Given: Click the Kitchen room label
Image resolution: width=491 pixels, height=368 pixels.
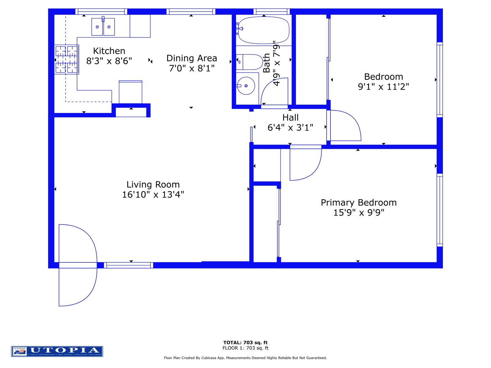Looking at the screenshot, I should click(109, 51).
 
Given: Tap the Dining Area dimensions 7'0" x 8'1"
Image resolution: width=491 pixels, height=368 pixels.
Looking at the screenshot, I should click(192, 68).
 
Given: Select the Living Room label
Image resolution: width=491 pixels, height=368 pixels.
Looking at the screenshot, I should click(153, 184).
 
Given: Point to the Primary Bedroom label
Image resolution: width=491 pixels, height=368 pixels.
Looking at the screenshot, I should click(359, 202).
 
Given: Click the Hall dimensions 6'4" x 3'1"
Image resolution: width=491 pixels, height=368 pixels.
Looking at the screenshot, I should click(290, 128).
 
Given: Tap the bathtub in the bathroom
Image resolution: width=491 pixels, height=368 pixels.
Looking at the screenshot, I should click(263, 30).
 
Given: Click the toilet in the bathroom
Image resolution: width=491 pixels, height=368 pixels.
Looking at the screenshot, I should click(250, 62).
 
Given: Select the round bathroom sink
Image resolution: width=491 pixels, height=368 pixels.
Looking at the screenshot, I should click(246, 86).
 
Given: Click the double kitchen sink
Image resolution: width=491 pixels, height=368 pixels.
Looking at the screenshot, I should click(103, 27).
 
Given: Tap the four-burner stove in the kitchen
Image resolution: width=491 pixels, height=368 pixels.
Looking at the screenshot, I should click(66, 60).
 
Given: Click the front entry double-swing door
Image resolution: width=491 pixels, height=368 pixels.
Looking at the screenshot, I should click(78, 265).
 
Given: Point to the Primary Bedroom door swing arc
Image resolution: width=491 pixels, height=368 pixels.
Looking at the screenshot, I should click(305, 164).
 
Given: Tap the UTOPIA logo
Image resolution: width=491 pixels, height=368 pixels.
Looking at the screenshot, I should click(57, 351).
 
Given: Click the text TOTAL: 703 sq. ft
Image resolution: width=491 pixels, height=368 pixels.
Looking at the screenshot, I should click(245, 342).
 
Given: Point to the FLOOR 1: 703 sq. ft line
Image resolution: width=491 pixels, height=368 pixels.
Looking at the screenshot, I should click(245, 348).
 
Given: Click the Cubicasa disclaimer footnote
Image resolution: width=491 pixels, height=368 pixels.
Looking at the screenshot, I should click(245, 358).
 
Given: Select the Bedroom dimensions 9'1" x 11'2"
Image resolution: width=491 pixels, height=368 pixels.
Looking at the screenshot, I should click(383, 87).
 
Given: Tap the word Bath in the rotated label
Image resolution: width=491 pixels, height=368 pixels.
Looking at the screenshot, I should click(267, 63).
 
